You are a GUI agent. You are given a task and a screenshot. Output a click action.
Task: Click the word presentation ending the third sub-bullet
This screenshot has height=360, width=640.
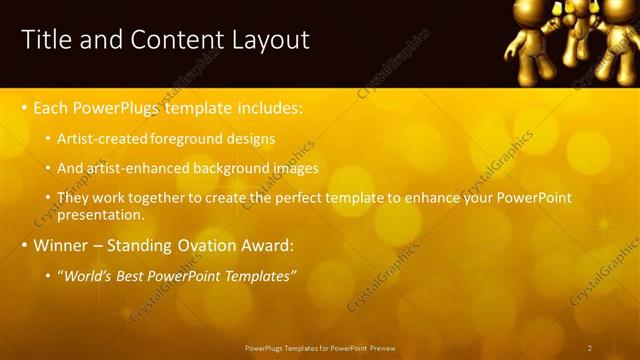click(x=101, y=214)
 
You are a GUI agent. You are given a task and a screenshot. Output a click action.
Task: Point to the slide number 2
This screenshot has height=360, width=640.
click(x=590, y=348)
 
